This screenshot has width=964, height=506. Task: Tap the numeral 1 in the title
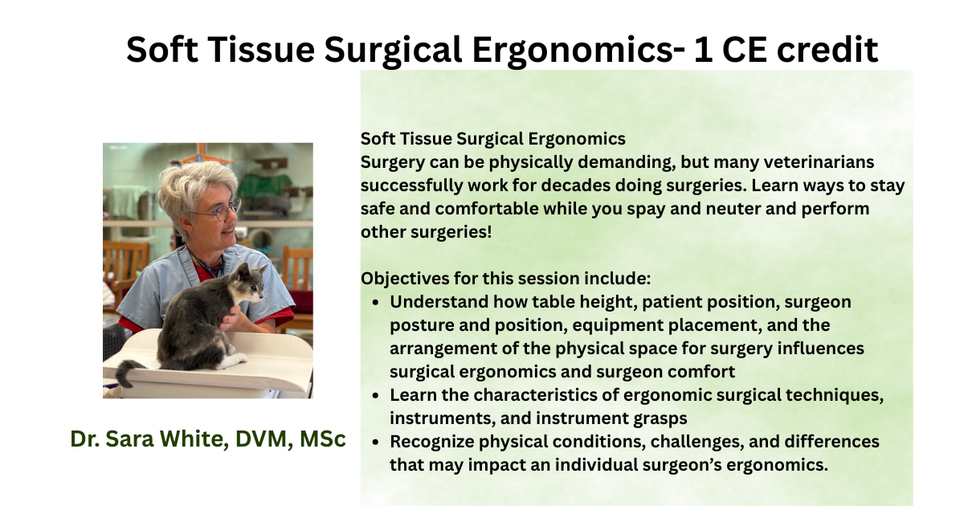[702, 50]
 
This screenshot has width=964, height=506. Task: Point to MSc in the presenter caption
[323, 439]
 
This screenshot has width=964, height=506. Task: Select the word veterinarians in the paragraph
[819, 162]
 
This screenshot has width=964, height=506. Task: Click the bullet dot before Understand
[376, 303]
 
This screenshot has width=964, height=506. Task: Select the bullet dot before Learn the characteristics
[376, 395]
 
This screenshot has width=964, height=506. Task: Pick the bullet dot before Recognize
[376, 442]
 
